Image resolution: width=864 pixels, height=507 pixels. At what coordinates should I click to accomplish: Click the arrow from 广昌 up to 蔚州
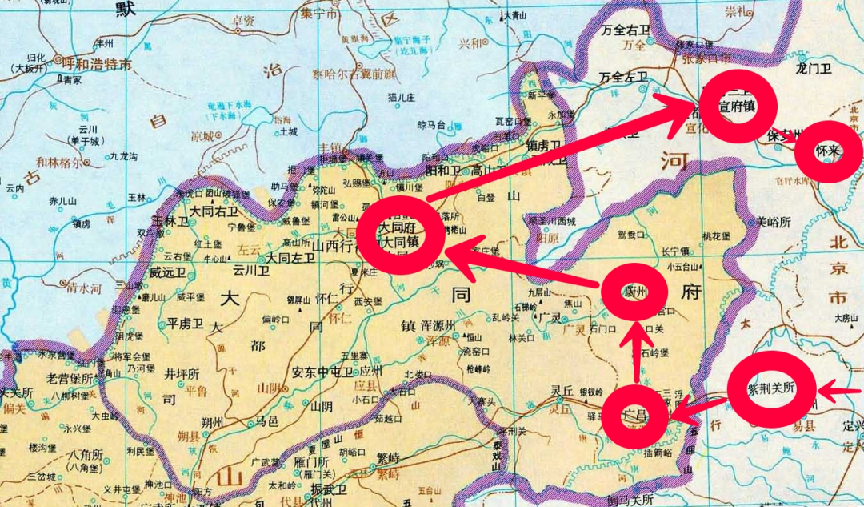637,352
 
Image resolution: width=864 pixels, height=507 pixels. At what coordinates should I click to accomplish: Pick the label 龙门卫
814,69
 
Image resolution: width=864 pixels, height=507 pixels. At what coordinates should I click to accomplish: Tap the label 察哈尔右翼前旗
353,74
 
